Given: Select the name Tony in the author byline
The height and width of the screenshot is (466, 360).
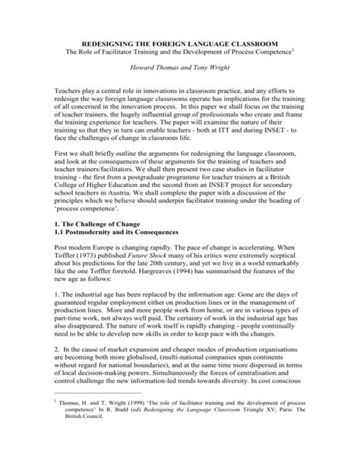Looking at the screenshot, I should click(x=200, y=67).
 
